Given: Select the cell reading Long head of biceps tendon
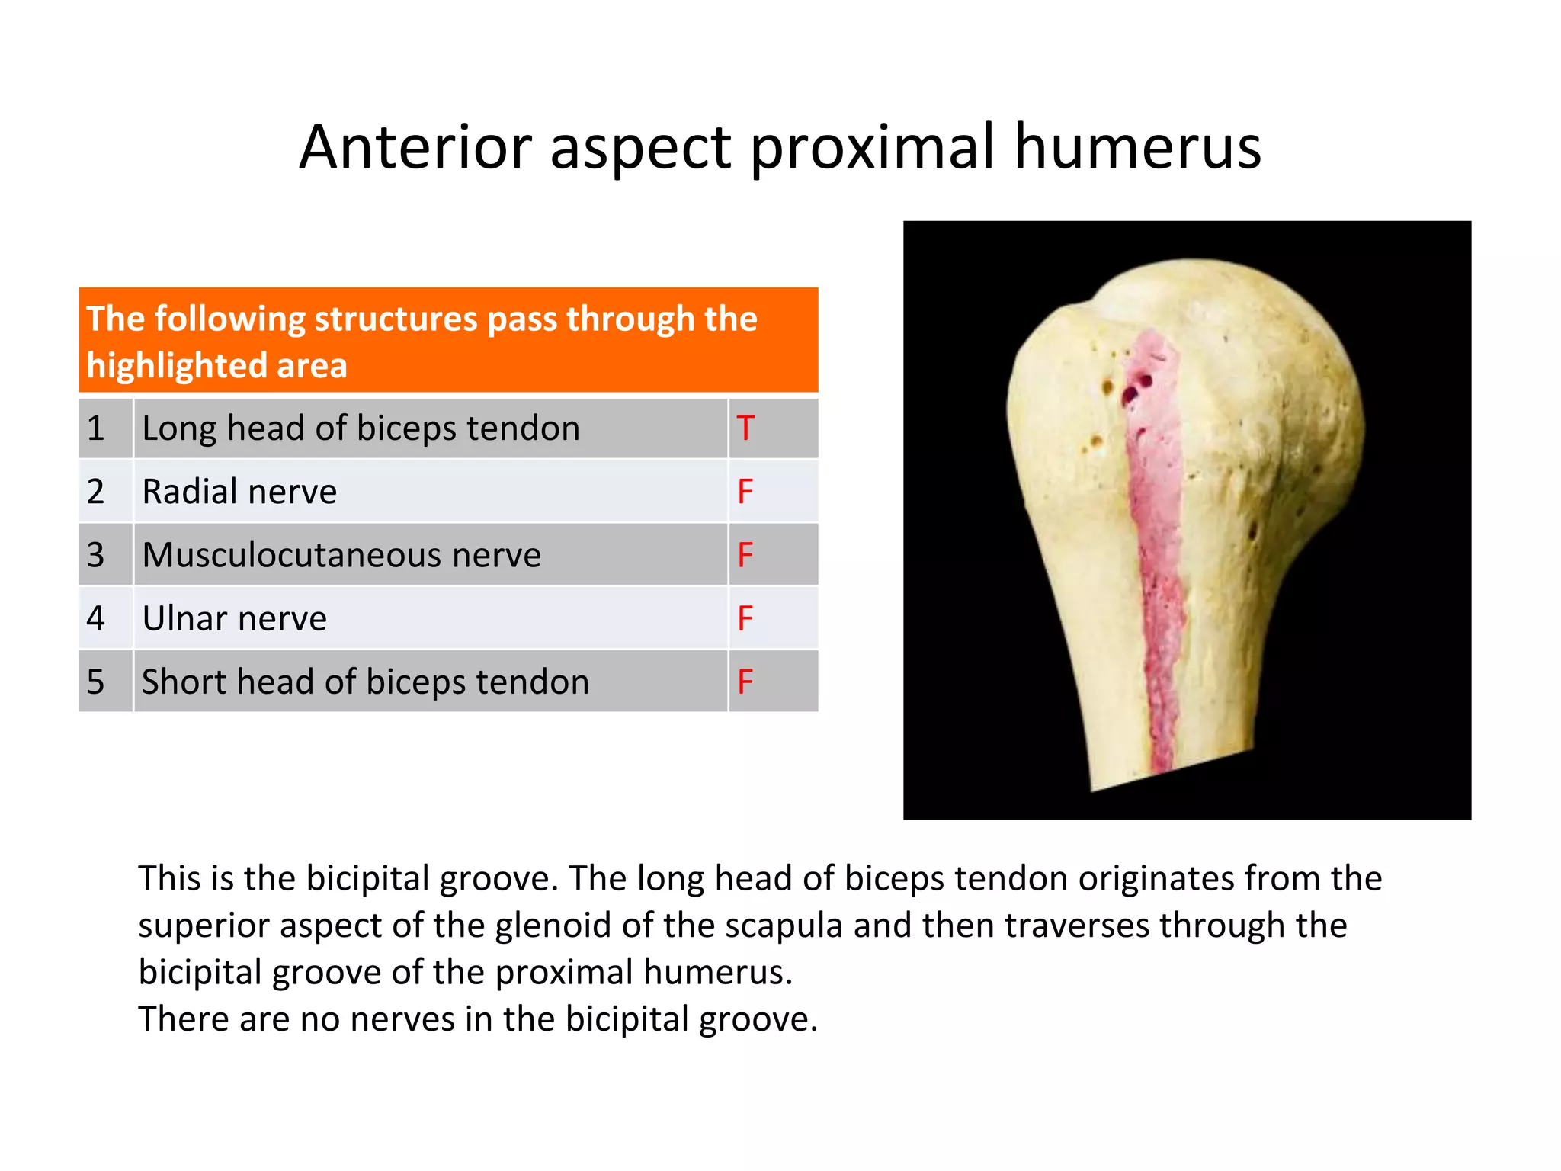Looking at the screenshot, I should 361,428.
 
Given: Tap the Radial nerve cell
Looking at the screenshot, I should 239,492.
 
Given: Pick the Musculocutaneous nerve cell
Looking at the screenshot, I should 341,555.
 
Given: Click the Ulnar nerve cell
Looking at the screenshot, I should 234,618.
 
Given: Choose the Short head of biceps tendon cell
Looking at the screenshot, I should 365,682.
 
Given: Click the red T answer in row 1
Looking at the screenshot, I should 745,428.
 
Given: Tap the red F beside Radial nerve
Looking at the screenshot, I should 745,492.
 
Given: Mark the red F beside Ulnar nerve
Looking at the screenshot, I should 745,618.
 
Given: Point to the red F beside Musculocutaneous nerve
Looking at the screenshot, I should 745,555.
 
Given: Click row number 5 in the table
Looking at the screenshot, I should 95,682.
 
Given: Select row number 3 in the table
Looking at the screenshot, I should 95,555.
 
